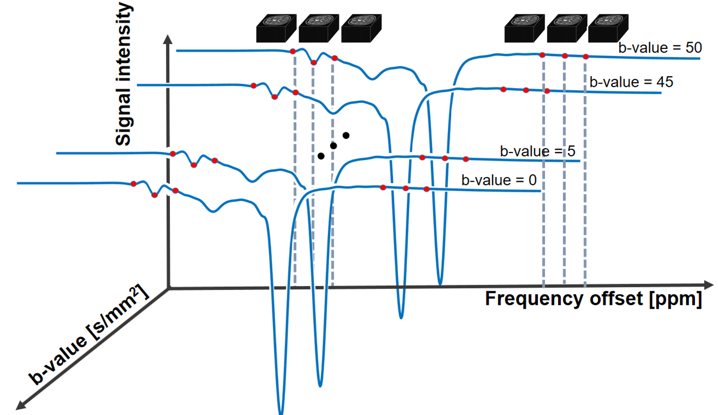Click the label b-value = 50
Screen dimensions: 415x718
coord(660,48)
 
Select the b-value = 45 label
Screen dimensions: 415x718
coord(631,82)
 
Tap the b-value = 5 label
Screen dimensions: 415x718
coord(537,152)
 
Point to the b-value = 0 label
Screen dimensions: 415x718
coord(499,180)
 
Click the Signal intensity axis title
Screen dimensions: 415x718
coord(123,74)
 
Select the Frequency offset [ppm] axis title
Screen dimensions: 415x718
coord(593,299)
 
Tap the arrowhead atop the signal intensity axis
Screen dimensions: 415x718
coord(168,39)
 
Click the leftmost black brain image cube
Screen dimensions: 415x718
coord(276,28)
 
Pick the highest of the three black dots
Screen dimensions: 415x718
coord(346,135)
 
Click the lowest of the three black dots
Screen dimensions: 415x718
coord(321,156)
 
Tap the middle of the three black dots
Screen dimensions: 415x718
coord(333,146)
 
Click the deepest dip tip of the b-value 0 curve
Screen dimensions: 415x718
coord(281,412)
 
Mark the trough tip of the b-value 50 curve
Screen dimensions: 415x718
coord(440,283)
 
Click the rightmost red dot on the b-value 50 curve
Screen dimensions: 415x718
coord(586,57)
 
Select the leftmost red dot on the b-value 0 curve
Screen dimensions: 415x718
coord(134,184)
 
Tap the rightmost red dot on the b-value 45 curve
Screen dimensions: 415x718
coord(547,91)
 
